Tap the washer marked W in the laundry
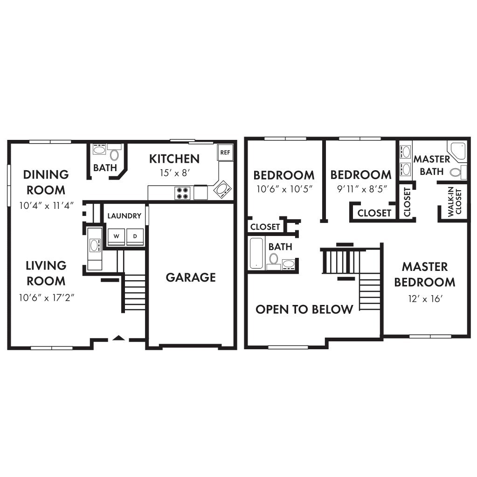(x=117, y=236)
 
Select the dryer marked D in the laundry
(x=135, y=236)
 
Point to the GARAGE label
(x=191, y=277)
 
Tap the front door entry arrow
(x=119, y=338)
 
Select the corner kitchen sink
(x=221, y=189)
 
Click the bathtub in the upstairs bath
(x=256, y=253)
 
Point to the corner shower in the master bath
(x=457, y=151)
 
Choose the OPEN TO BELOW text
(x=304, y=309)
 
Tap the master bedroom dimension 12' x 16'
(x=424, y=299)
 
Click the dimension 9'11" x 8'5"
(x=361, y=190)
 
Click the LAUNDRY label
(x=124, y=216)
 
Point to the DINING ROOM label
(x=46, y=182)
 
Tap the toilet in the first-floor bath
(x=114, y=155)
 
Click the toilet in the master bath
(x=455, y=172)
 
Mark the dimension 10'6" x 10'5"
(x=283, y=190)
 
